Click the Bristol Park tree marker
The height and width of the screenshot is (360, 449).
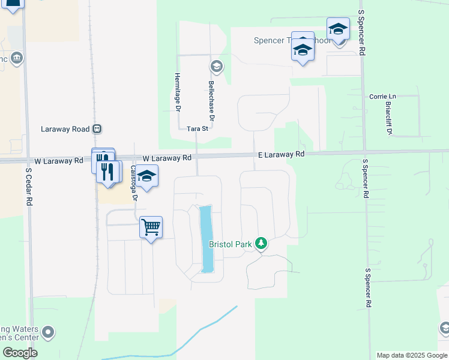[261, 244]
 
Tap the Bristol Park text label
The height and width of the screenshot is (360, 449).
[231, 244]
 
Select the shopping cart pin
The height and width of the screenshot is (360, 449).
[151, 227]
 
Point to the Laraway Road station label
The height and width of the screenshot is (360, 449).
[64, 129]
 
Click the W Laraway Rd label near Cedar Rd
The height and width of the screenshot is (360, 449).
[59, 161]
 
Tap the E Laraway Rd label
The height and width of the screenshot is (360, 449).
[282, 154]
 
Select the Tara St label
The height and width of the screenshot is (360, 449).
[197, 128]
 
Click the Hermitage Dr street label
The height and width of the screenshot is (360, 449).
[177, 92]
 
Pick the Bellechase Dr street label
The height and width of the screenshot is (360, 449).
[211, 100]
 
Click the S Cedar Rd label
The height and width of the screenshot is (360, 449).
[28, 187]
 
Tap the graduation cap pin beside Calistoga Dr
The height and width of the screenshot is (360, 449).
[146, 176]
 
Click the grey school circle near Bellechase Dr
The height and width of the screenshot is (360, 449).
[216, 66]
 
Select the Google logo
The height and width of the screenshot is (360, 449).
[20, 353]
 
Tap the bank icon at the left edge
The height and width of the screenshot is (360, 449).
[16, 58]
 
